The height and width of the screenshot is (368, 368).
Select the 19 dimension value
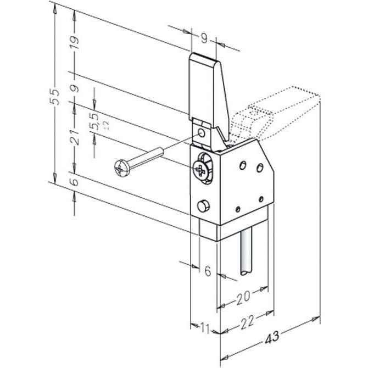(x=75, y=42)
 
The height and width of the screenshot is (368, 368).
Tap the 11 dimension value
(x=204, y=329)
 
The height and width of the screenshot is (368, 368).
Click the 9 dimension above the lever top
(x=204, y=38)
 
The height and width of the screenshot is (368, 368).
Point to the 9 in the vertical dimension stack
(x=75, y=88)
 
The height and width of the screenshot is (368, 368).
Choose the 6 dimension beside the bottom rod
(x=208, y=270)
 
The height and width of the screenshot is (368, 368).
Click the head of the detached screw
(x=122, y=167)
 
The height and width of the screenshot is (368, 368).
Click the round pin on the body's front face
(x=203, y=206)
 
